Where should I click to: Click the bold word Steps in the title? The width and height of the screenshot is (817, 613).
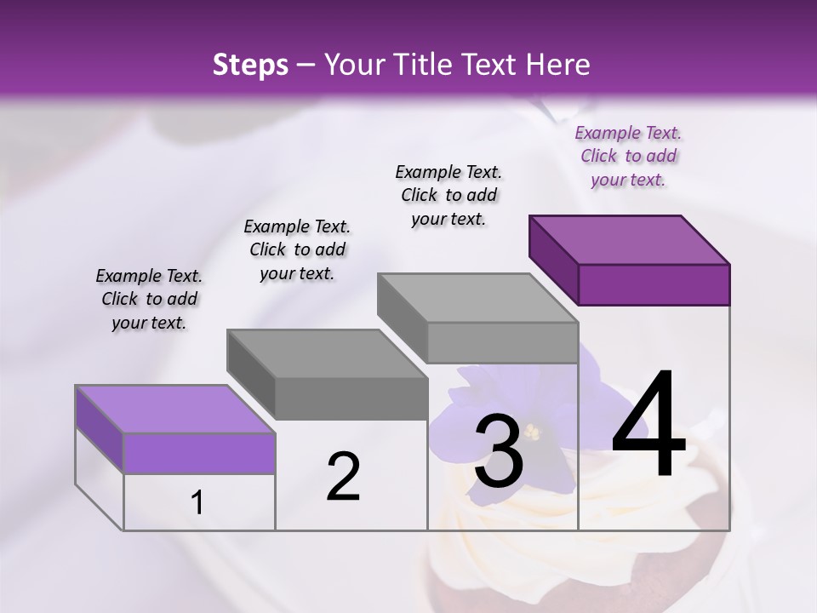tap(250, 66)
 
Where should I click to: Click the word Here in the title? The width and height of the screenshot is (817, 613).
tap(557, 66)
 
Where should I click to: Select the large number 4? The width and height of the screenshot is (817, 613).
tap(648, 426)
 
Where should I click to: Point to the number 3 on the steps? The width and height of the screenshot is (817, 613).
tap(499, 451)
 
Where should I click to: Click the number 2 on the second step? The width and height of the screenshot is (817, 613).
tap(344, 477)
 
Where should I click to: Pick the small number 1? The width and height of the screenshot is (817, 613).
tap(197, 503)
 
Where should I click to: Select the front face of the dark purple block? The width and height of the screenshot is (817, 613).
tap(654, 284)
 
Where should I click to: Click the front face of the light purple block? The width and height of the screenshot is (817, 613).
tap(199, 453)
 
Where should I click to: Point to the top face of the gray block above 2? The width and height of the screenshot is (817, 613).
tap(327, 353)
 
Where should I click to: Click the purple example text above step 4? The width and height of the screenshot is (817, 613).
tap(628, 157)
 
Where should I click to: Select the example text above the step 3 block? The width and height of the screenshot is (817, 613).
tap(448, 195)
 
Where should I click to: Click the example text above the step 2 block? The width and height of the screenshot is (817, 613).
tap(297, 249)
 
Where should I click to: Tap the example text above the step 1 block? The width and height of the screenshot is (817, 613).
tap(149, 299)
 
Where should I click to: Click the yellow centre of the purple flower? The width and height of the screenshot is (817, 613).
tap(531, 433)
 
